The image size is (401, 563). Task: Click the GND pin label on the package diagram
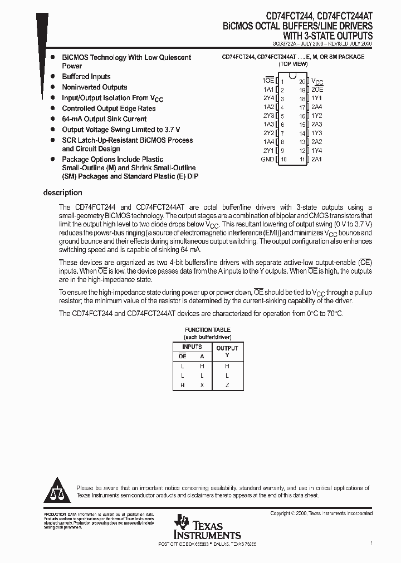tap(267, 160)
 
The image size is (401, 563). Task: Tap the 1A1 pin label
tap(268, 90)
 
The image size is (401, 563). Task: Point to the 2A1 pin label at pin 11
tap(316, 160)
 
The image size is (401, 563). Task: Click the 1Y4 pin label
tap(316, 151)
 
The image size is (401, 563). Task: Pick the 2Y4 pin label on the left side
tap(268, 98)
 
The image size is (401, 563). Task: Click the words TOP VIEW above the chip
tap(293, 65)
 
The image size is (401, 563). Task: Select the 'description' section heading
tap(62, 193)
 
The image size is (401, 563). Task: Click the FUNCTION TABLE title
tap(208, 330)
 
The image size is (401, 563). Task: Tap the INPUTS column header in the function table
tap(192, 347)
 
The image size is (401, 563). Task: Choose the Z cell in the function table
tap(227, 386)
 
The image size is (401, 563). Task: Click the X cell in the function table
tap(202, 386)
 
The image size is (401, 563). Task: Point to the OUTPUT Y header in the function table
tap(227, 352)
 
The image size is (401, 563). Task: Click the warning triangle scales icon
tap(56, 490)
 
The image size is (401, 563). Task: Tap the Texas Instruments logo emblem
tap(181, 522)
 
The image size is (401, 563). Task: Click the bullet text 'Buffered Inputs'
tap(86, 77)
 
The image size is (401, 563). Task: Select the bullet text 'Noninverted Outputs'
tap(94, 87)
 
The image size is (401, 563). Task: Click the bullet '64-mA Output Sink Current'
tap(104, 119)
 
